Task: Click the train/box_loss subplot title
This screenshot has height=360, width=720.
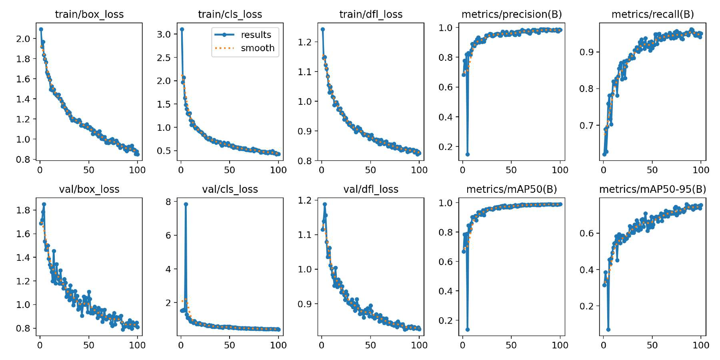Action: (x=89, y=14)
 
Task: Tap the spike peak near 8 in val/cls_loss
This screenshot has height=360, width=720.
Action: (x=186, y=204)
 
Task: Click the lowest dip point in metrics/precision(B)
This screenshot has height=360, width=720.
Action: (x=467, y=154)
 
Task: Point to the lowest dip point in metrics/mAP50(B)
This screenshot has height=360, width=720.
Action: (x=467, y=330)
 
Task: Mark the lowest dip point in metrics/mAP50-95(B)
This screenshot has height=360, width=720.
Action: (x=608, y=330)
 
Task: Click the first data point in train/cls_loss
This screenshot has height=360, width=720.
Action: (x=182, y=29)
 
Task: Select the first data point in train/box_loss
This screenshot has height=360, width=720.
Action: (x=41, y=29)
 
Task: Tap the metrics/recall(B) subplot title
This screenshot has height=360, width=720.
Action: (x=652, y=14)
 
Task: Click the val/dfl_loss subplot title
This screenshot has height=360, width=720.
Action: (x=371, y=189)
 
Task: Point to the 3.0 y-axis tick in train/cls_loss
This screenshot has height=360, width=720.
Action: (x=164, y=34)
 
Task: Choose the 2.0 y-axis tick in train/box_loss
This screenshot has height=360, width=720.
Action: (x=23, y=39)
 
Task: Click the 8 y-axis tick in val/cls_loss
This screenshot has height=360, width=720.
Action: (x=168, y=202)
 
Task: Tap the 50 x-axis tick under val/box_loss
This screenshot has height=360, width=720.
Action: (x=89, y=345)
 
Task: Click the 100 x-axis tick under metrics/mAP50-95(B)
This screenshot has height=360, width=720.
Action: (x=701, y=345)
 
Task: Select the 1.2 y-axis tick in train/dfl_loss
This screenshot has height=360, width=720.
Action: (x=305, y=42)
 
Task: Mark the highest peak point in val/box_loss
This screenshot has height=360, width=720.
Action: (x=44, y=204)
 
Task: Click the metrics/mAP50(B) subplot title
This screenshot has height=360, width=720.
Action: (x=512, y=189)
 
